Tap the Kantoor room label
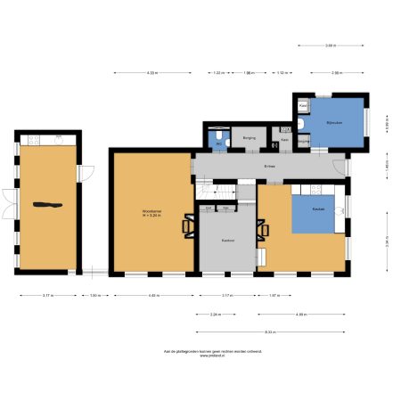click(x=227, y=240)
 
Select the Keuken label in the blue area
click(x=318, y=209)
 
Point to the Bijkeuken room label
click(x=334, y=125)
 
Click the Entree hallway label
click(x=269, y=166)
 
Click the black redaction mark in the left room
click(x=48, y=206)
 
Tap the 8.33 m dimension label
click(x=269, y=331)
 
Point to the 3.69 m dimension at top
click(x=331, y=45)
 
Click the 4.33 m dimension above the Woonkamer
click(x=152, y=72)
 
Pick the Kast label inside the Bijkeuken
click(x=303, y=104)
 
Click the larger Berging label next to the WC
click(x=249, y=139)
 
